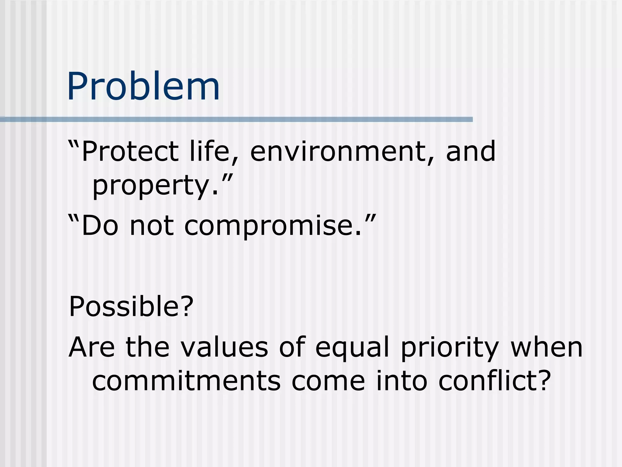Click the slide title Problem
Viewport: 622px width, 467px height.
click(x=143, y=87)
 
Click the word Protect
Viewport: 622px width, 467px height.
click(x=130, y=151)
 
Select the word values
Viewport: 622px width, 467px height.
click(x=224, y=348)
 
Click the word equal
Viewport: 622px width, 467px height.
click(x=352, y=348)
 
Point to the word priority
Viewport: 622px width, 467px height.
click(x=450, y=348)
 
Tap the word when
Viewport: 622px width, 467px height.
click(x=547, y=348)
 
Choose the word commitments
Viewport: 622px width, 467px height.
click(x=186, y=382)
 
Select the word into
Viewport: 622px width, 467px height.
click(x=402, y=382)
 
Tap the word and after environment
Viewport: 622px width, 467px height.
click(x=471, y=151)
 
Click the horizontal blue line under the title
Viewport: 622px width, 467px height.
click(x=237, y=119)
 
